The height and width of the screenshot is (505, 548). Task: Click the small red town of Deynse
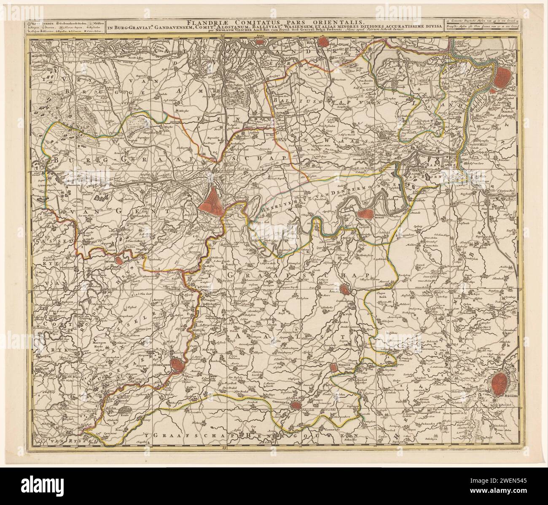119,260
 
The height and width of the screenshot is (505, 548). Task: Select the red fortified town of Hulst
323,42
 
